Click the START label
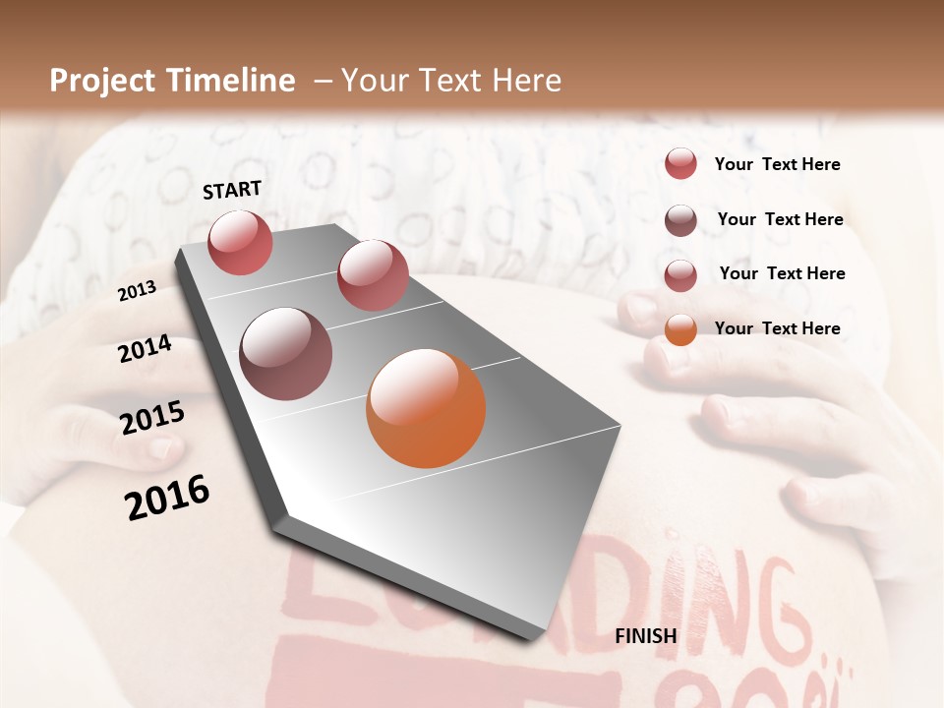[x=232, y=190]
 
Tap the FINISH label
[x=646, y=636]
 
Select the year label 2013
[x=137, y=290]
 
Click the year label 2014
[x=145, y=349]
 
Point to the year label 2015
[x=152, y=418]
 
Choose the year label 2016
[x=167, y=497]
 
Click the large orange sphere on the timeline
[x=426, y=408]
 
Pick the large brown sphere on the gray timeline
[x=285, y=354]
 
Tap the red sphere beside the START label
[x=240, y=242]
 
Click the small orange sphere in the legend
[x=680, y=329]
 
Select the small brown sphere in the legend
[x=680, y=220]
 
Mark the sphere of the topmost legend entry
[x=680, y=163]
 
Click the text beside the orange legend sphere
[x=778, y=328]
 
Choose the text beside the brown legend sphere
[x=781, y=219]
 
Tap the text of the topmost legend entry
[x=778, y=164]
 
